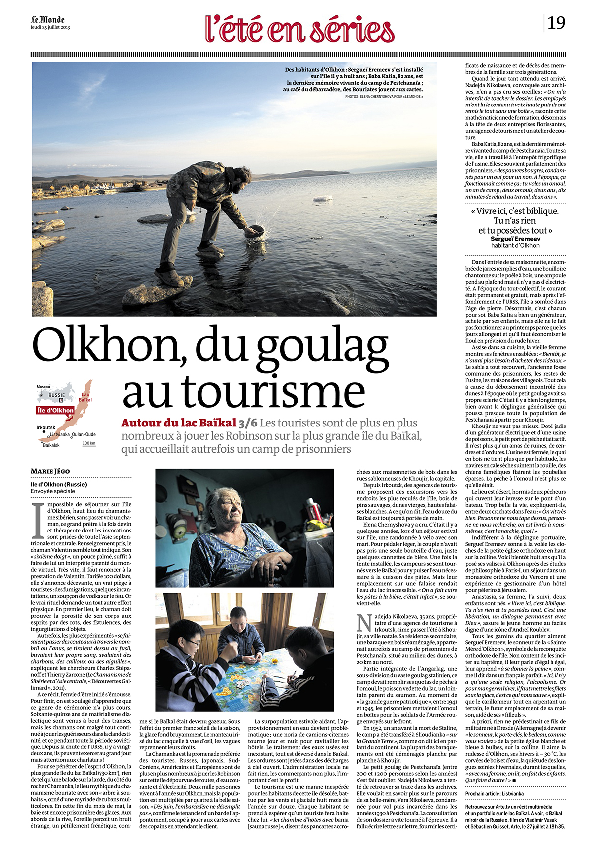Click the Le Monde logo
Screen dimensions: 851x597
(47, 20)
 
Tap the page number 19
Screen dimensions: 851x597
(556, 23)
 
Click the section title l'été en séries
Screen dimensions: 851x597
(300, 29)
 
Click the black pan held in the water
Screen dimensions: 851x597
(254, 232)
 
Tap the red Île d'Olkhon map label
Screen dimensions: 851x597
(55, 410)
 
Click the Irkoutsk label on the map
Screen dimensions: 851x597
(46, 427)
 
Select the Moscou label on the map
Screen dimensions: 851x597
(43, 387)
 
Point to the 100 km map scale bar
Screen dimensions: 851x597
(89, 444)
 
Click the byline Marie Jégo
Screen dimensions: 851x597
(50, 471)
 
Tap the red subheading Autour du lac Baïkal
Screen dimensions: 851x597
(179, 423)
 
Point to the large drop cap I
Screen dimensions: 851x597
(36, 520)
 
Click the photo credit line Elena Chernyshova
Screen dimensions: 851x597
(384, 96)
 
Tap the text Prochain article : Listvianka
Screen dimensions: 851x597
(495, 794)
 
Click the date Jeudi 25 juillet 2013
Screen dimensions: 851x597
(50, 28)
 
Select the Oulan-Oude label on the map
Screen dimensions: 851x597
(84, 434)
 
